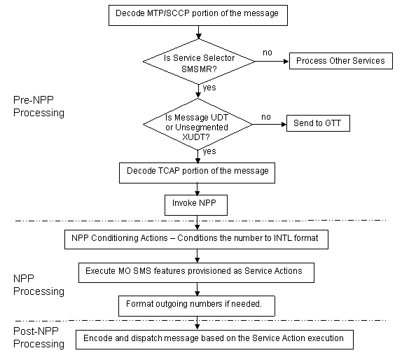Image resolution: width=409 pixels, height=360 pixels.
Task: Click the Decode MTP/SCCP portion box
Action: (198, 13)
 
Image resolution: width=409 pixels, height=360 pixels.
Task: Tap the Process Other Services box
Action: (340, 61)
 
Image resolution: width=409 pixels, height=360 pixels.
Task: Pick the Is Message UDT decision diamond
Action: (198, 124)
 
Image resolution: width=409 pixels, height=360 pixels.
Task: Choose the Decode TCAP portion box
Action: (197, 171)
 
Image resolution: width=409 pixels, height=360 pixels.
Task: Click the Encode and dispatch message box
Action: (214, 339)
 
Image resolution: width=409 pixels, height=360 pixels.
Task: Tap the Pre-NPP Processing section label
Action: (39, 106)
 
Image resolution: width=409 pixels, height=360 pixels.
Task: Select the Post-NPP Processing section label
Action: (39, 338)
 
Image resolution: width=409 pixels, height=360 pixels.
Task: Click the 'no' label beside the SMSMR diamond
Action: (267, 52)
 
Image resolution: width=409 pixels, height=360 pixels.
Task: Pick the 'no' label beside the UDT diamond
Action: (265, 117)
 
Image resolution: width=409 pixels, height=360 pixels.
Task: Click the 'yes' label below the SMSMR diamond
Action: (209, 88)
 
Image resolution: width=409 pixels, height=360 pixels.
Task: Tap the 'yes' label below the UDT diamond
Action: (209, 151)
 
